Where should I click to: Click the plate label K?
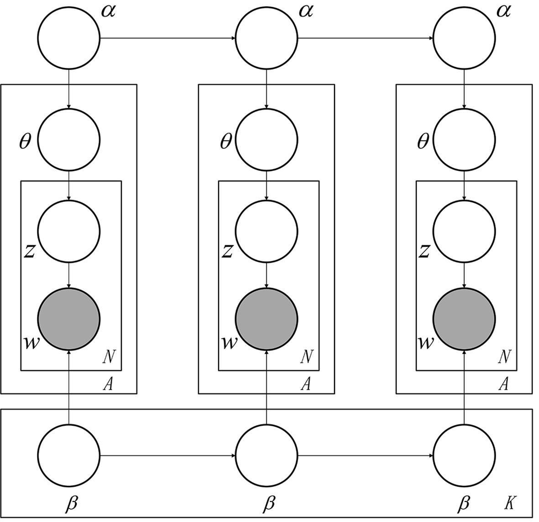pos(510,503)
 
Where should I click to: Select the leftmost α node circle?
pos(68,38)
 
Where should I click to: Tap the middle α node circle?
pos(267,38)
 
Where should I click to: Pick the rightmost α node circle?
pos(464,38)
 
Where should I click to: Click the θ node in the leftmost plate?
pos(68,139)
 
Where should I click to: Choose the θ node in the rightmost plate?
pos(464,139)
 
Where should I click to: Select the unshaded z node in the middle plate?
pos(267,231)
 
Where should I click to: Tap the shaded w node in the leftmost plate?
pos(68,319)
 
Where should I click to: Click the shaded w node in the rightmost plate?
pos(464,319)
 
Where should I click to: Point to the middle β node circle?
pos(267,455)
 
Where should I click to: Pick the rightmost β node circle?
pos(464,455)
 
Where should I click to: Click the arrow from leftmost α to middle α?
pos(167,38)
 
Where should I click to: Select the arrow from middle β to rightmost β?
pos(365,455)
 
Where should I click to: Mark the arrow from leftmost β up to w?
pos(68,388)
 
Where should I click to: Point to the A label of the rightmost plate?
pos(503,384)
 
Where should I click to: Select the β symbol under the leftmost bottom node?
pos(72,503)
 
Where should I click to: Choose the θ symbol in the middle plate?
pos(225,142)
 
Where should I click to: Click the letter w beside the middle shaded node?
pos(229,342)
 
